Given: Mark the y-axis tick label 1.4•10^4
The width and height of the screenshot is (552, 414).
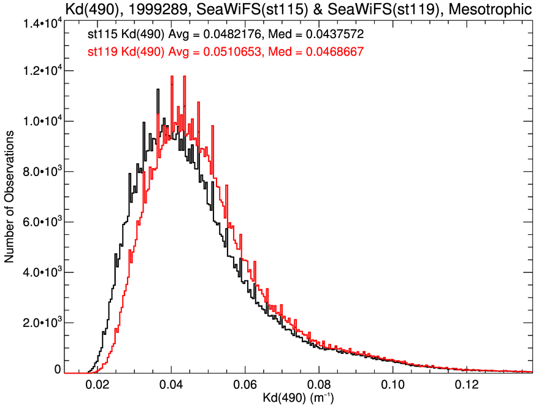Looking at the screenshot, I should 41,23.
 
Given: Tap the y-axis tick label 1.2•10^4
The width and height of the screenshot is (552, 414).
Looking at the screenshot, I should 41,72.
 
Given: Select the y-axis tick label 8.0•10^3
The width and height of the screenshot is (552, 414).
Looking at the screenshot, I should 41,172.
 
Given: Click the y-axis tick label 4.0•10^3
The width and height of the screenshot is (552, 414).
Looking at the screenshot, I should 41,272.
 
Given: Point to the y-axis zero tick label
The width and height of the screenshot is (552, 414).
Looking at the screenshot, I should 58,370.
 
